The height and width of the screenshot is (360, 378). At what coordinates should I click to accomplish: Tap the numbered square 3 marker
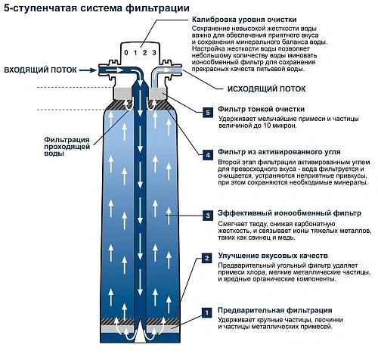(209, 216)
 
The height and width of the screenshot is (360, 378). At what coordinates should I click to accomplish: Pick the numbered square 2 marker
(209, 258)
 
